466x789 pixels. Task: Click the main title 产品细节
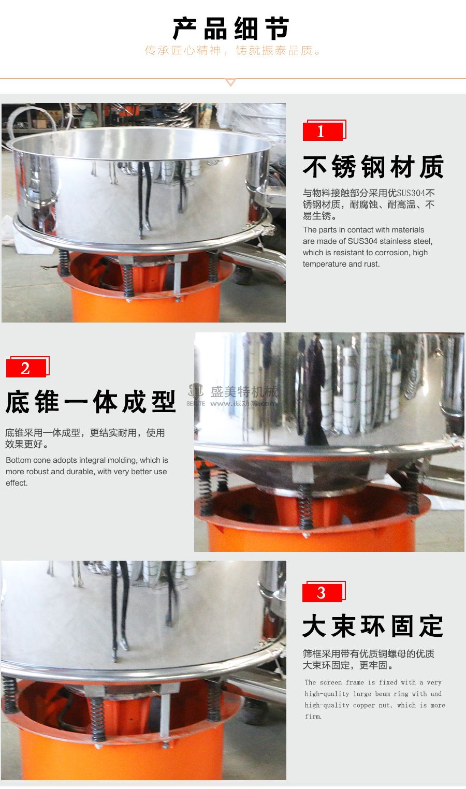[231, 28]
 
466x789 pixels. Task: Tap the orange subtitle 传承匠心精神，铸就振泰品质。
[233, 51]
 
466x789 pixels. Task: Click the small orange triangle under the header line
[231, 82]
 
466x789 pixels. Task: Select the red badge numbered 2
[26, 368]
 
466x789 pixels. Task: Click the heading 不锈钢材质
[373, 167]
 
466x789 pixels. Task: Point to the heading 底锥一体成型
[91, 402]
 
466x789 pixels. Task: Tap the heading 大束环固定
[373, 626]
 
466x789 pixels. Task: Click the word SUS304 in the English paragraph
[362, 241]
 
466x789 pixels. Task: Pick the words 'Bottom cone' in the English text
[26, 460]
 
